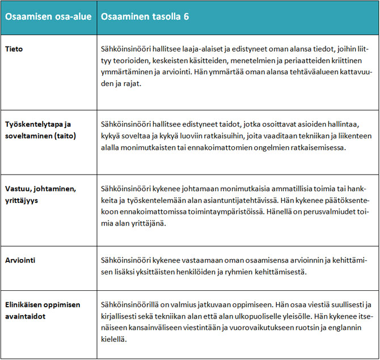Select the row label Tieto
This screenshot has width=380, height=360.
[15, 49]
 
